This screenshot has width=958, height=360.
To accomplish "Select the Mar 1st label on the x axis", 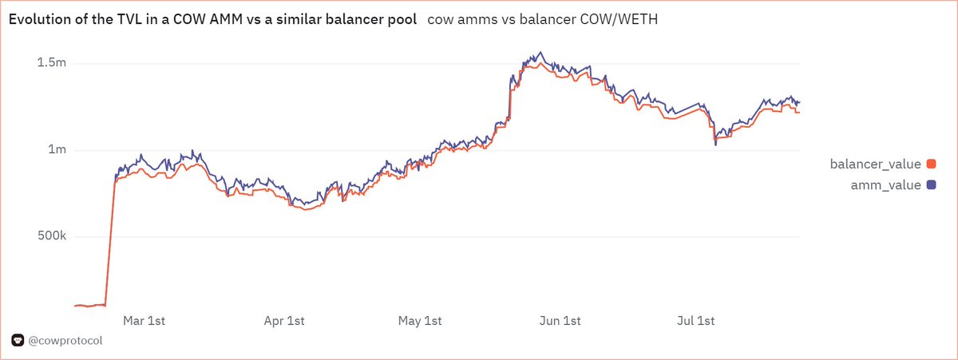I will tap(144, 321).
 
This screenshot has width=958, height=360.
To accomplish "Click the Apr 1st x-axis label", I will tap(283, 321).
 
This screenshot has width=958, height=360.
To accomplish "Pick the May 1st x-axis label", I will tap(420, 321).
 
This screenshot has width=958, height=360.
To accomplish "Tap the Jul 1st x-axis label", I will tap(695, 321).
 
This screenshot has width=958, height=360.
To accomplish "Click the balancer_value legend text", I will tap(876, 164).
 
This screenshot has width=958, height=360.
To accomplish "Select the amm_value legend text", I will tap(886, 185).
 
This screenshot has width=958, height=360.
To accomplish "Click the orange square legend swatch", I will tap(930, 164).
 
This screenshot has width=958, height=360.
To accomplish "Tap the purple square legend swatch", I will tap(930, 185).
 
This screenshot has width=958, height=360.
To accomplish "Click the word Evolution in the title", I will tap(37, 20).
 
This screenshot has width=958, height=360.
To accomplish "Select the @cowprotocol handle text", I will tap(65, 341).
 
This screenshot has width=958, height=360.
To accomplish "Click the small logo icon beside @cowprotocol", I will tap(18, 341).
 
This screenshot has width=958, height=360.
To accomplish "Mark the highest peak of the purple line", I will tap(541, 53).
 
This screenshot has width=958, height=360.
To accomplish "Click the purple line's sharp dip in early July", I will tap(715, 144).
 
